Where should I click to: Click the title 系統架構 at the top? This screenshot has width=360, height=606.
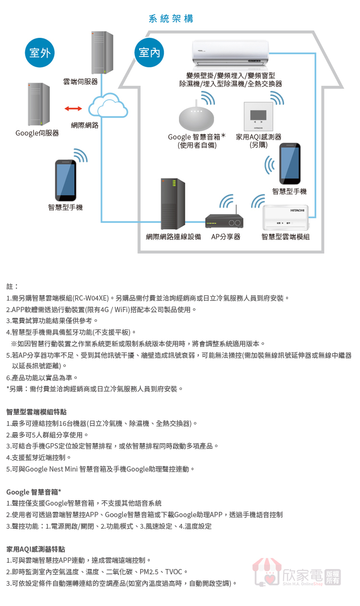click(x=171, y=19)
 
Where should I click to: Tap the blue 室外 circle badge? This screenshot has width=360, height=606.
click(x=40, y=53)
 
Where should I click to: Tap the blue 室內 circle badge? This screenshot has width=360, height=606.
click(x=149, y=53)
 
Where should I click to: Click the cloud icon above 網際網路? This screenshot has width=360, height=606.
click(x=108, y=107)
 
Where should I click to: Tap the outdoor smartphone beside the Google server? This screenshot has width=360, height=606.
click(x=66, y=181)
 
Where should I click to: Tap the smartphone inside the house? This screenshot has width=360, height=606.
click(x=289, y=164)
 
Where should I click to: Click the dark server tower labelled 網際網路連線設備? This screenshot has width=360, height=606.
click(x=173, y=204)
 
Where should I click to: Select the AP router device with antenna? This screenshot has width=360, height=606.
click(x=224, y=221)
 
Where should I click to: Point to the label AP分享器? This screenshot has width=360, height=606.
click(x=226, y=237)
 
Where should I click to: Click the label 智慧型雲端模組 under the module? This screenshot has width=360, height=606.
click(x=285, y=237)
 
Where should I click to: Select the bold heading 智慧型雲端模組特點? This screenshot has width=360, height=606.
click(x=36, y=412)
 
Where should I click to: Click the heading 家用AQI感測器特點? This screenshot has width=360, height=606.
click(x=36, y=549)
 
